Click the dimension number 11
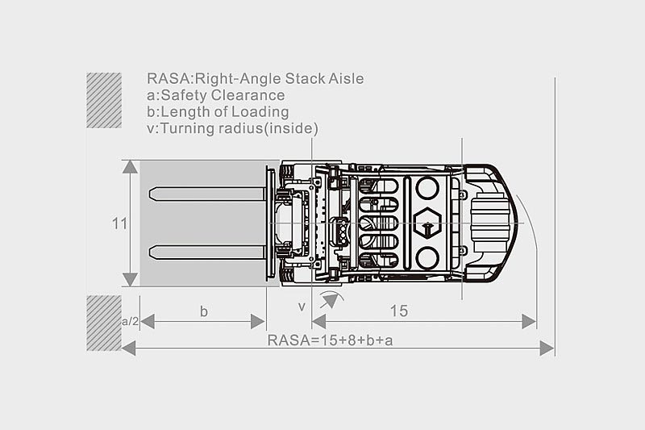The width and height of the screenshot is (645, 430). [x=119, y=223]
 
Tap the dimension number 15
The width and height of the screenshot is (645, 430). [x=399, y=311]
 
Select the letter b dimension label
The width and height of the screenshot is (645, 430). [x=204, y=311]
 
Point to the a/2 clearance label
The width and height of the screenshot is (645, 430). [x=131, y=321]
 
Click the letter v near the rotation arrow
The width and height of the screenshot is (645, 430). [x=302, y=307]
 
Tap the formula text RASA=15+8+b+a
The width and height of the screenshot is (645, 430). [x=330, y=340]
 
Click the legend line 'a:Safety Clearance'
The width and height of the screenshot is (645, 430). [x=215, y=95]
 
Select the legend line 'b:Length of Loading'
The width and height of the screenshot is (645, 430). [x=218, y=111]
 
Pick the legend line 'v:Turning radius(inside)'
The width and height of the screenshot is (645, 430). [x=232, y=128]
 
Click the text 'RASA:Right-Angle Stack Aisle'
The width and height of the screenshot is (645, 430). [x=255, y=78]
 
